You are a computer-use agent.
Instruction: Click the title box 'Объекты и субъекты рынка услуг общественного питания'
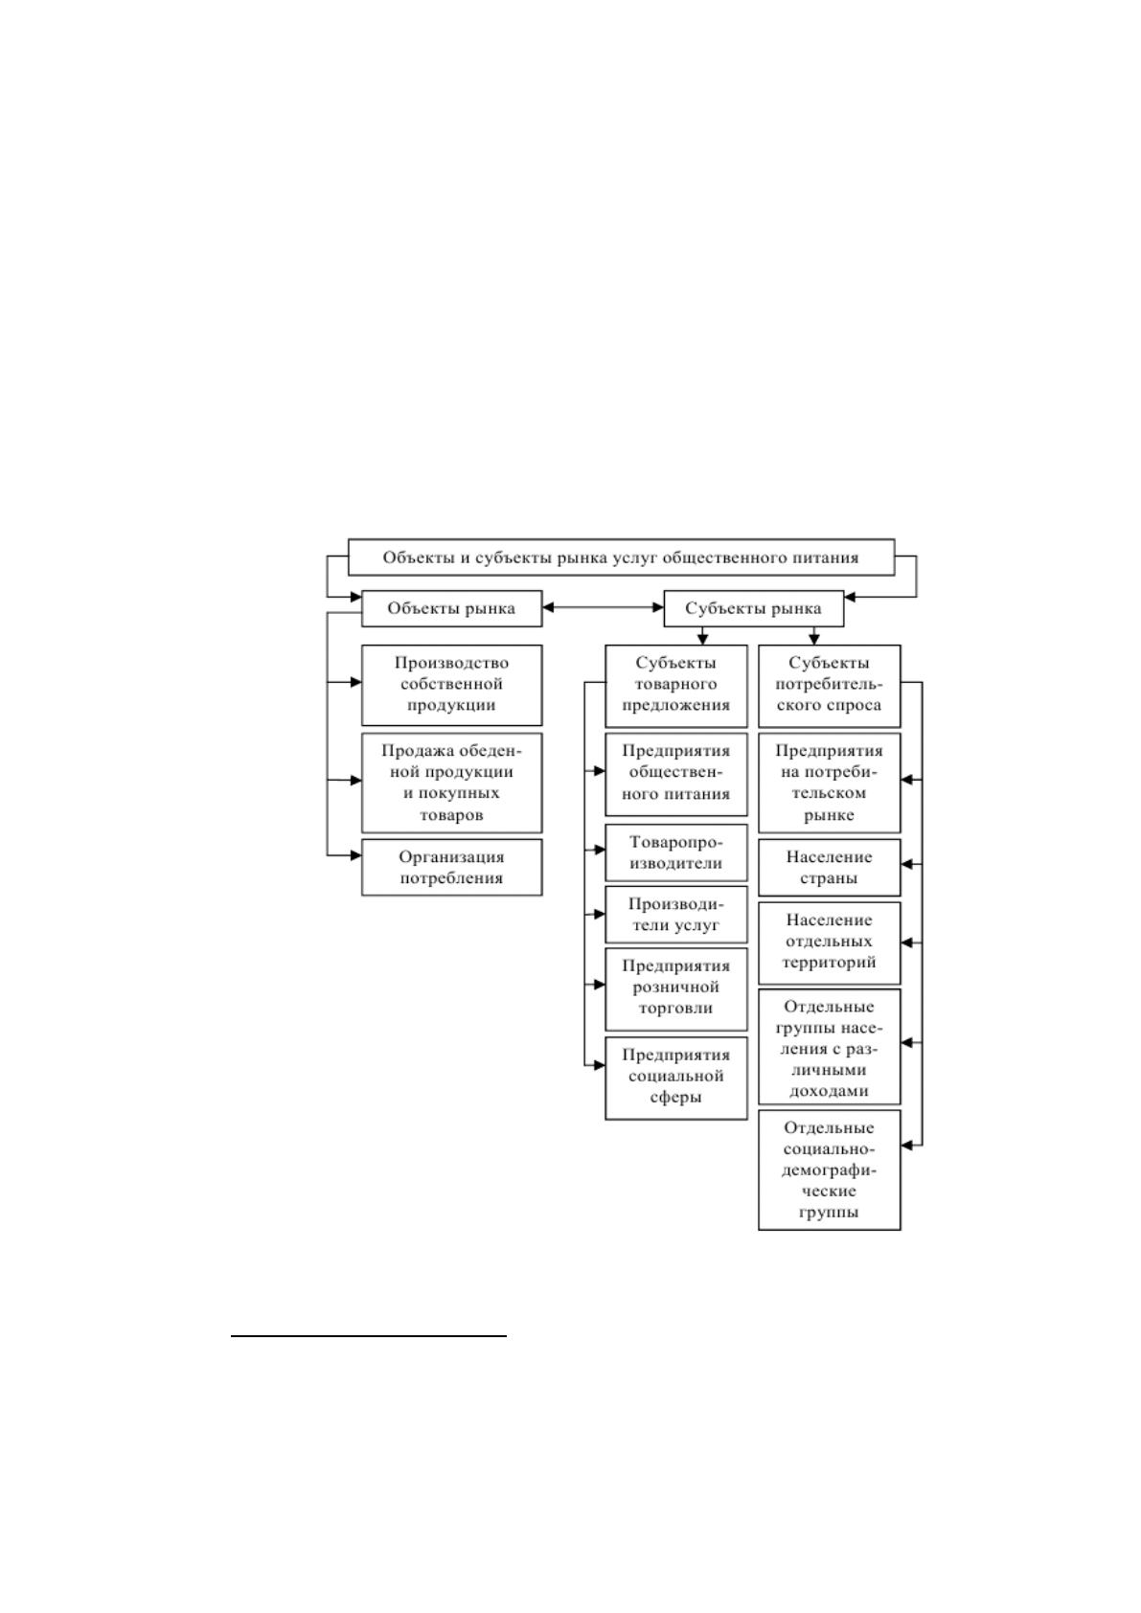[x=621, y=557]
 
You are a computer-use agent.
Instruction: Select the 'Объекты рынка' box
[x=451, y=608]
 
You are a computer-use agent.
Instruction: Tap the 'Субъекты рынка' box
[x=753, y=608]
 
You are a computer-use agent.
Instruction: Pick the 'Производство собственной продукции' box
[x=451, y=685]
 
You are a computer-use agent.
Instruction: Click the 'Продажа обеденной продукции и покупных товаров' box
[x=451, y=783]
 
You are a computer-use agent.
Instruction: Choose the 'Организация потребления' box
[x=451, y=867]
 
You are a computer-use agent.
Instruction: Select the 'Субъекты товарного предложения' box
[x=676, y=686]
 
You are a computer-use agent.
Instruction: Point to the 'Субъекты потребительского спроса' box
[x=829, y=686]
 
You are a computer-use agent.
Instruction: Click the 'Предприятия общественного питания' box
[x=676, y=774]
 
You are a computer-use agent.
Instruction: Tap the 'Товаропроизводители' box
[x=676, y=852]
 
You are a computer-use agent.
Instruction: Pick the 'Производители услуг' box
[x=676, y=915]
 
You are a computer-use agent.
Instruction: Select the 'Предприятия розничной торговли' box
[x=676, y=989]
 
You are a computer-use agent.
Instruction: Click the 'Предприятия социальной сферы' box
[x=676, y=1078]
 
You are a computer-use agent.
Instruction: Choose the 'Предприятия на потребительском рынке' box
[x=829, y=783]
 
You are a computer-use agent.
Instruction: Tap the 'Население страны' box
[x=829, y=867]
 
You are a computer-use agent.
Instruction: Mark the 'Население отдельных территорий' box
[x=829, y=943]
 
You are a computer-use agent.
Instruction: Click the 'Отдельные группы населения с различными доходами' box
[x=829, y=1046]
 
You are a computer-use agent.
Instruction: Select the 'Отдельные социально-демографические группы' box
[x=829, y=1170]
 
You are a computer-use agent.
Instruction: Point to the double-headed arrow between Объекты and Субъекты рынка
[x=603, y=608]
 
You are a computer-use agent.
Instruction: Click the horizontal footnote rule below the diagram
[x=369, y=1336]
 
